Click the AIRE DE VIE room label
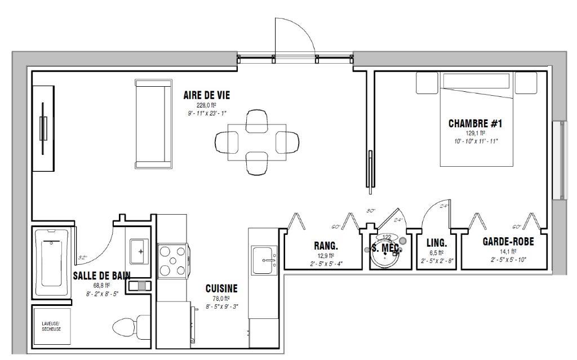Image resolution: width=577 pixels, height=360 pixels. coord(206,95)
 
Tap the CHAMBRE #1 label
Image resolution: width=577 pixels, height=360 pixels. coord(474,123)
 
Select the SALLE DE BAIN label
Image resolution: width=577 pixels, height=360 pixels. coord(101,275)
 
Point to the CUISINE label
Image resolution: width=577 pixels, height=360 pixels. coord(221,288)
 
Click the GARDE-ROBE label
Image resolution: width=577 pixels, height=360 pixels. coord(508,242)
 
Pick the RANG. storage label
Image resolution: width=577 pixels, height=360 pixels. coord(326,246)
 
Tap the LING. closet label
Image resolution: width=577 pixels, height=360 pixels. coord(436,243)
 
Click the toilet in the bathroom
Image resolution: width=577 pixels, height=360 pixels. coord(125,327)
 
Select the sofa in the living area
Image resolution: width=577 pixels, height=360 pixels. coord(153,123)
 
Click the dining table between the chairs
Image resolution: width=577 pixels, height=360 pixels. coord(256,142)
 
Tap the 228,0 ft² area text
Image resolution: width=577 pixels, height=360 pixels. coord(206,105)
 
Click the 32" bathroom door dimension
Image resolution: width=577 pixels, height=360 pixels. coord(82,258)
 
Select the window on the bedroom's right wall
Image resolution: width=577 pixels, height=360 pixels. coord(560,160)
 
